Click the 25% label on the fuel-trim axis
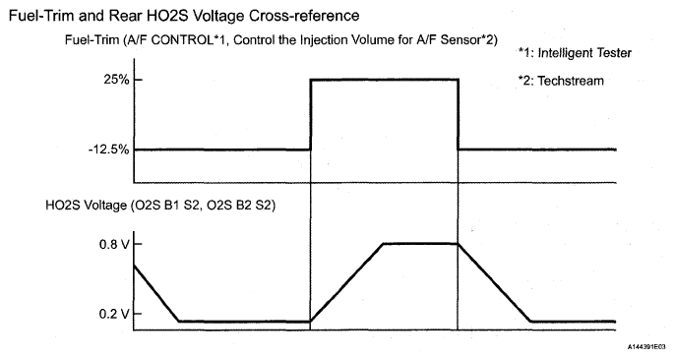pos(102,80)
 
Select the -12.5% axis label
pos(96,150)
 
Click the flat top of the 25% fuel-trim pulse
pos(384,80)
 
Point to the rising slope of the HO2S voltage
pos(346,281)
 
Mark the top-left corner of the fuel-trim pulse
pos(310,80)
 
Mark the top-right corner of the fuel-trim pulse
pos(459,80)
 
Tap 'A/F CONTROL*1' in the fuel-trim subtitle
pos(183,39)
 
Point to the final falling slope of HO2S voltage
pos(494,281)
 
